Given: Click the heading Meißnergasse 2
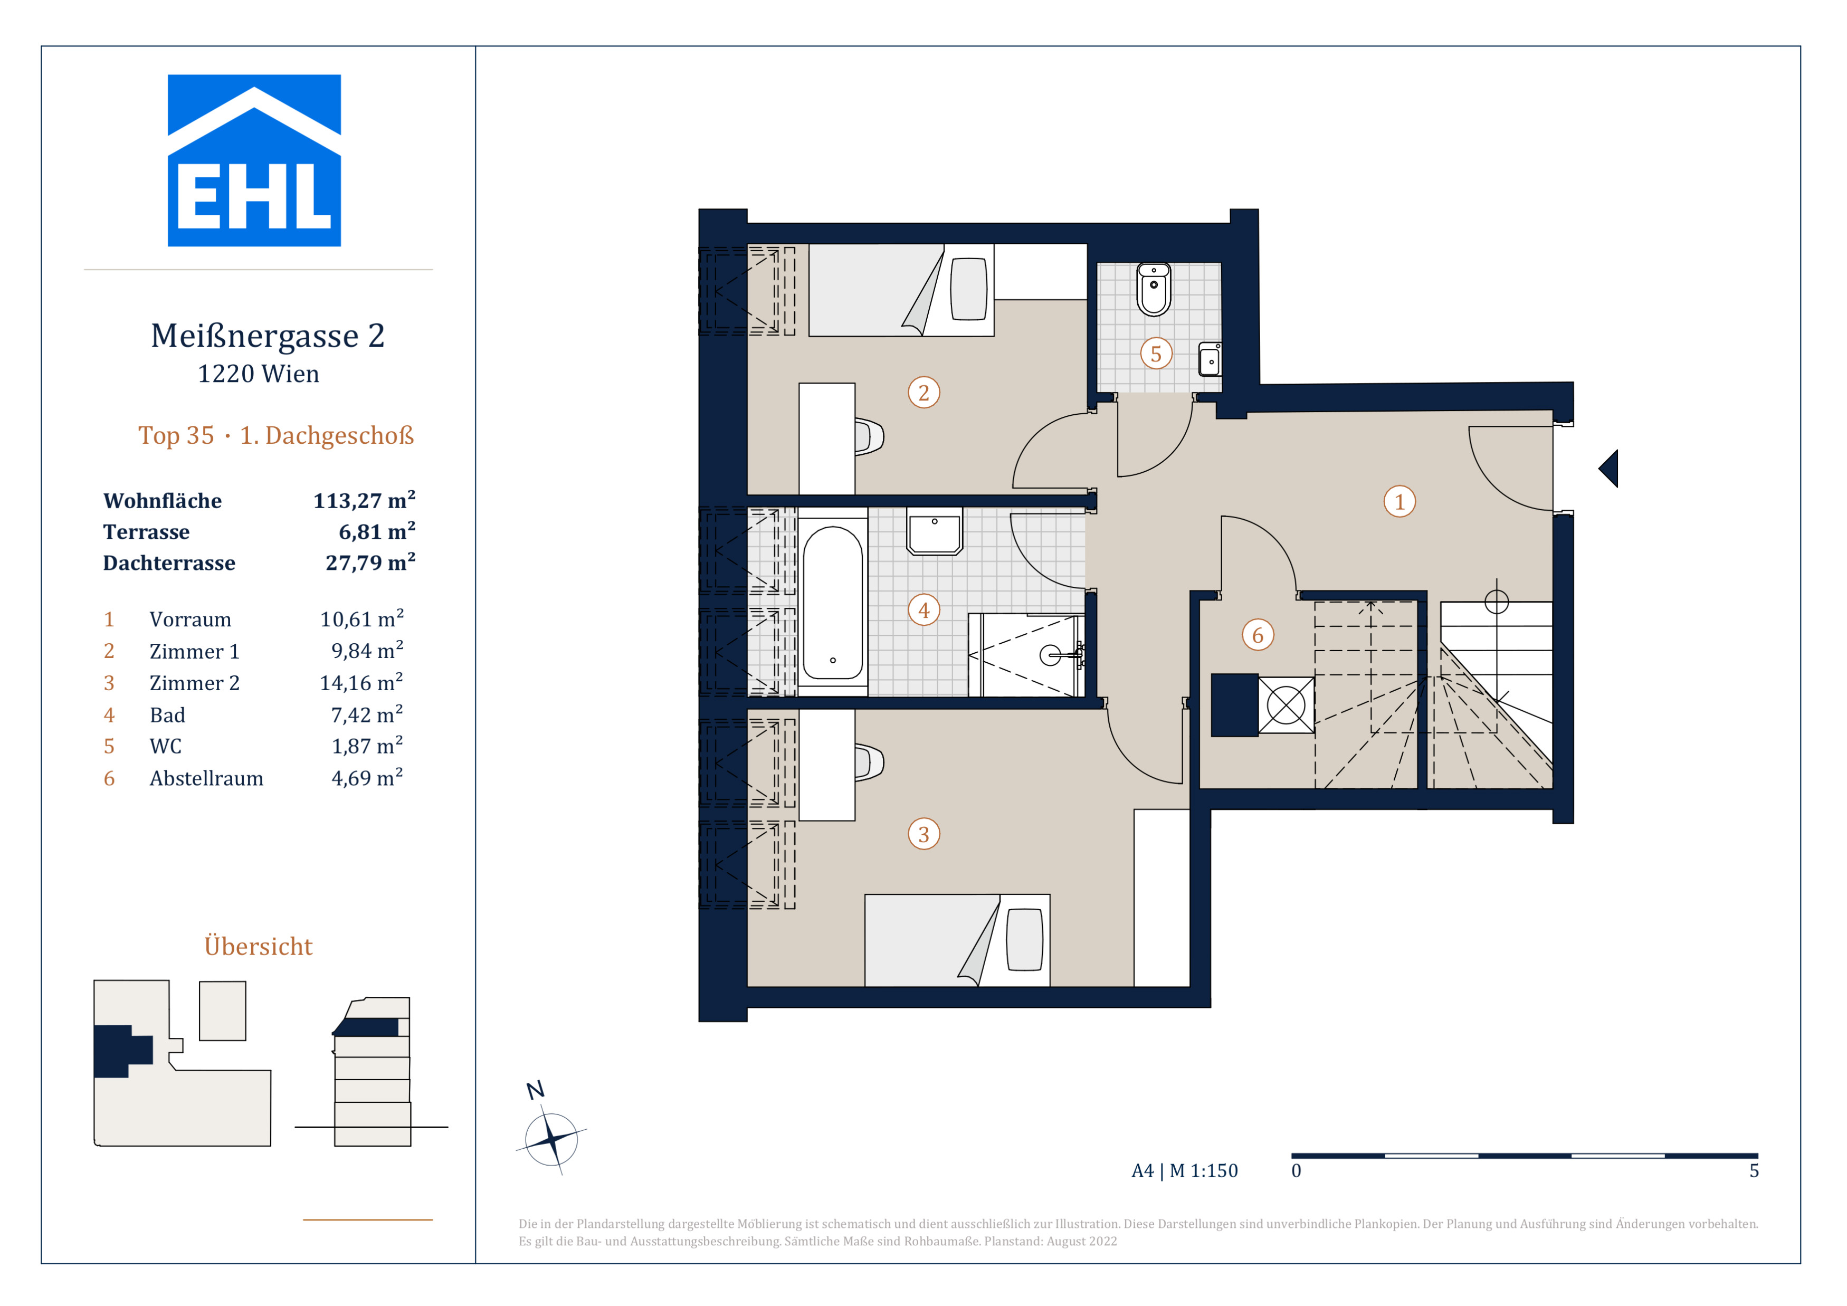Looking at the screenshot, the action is pos(268,336).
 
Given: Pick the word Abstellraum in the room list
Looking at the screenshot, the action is pos(207,778).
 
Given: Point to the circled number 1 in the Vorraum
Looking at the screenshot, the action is pos(1399,502).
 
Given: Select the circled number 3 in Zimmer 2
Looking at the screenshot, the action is pos(923,834).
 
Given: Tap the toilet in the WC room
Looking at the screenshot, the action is pos(1154,290).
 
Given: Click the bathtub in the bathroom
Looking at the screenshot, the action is pos(833,602).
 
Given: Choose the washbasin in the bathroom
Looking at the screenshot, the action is pos(935,531).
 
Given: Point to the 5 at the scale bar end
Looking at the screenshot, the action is pos(1754,1171).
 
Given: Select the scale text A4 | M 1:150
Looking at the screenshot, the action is pos(1184,1171).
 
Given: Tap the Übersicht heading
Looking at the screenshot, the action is pos(258,946).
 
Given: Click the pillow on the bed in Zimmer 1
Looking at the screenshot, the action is pos(968,289).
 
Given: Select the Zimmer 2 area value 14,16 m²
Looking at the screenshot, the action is pos(361,683).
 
